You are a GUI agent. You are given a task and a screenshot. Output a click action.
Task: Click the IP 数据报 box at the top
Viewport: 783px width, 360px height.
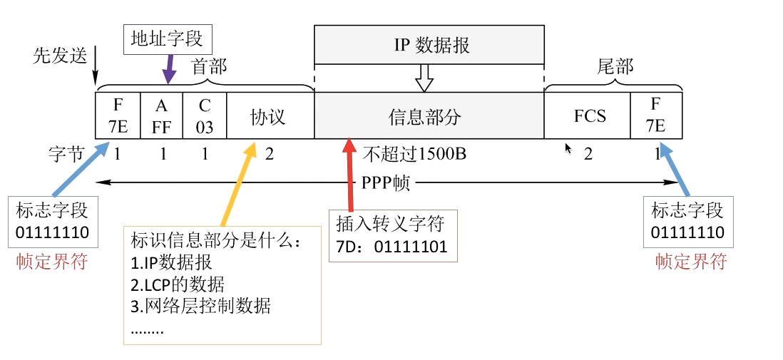click(429, 45)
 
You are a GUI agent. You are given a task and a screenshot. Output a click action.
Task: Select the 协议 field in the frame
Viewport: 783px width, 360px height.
click(270, 115)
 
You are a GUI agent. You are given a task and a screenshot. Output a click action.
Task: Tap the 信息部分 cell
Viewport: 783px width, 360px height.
click(429, 115)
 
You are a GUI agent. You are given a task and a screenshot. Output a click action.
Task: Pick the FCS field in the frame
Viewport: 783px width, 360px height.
click(589, 115)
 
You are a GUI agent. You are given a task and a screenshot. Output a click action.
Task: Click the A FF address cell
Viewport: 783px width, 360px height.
click(162, 115)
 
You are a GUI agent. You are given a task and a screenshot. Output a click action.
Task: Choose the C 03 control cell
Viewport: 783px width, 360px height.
click(205, 115)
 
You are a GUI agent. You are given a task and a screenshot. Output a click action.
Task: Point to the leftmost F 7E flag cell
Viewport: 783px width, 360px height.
click(118, 115)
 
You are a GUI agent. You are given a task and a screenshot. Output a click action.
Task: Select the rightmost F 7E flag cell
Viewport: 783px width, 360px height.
click(655, 115)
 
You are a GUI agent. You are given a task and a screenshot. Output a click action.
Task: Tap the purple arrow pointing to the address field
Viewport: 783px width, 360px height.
click(170, 71)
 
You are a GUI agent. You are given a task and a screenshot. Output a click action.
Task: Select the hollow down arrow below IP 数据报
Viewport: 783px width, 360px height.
click(425, 78)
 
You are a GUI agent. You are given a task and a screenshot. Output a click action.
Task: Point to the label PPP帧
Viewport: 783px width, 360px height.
click(385, 182)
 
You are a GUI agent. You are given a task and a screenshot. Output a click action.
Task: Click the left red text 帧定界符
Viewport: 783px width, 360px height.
click(52, 262)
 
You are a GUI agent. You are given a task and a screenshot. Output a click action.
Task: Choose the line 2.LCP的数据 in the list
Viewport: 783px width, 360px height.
click(178, 285)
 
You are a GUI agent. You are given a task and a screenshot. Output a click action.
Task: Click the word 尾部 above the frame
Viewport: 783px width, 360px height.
click(614, 66)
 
